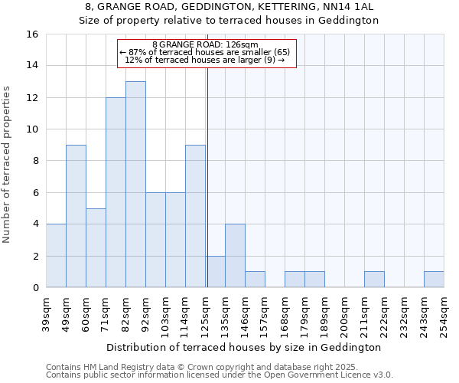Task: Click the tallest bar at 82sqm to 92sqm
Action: (x=135, y=184)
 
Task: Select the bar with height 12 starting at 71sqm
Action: (x=116, y=192)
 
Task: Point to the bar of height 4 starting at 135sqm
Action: (x=235, y=256)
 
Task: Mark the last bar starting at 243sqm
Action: (x=434, y=280)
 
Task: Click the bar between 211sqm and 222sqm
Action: (x=374, y=280)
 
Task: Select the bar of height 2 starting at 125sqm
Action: (x=215, y=272)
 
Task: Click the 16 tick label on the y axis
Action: (x=32, y=34)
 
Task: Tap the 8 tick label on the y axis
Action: (x=35, y=161)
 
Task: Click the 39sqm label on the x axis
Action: (x=46, y=314)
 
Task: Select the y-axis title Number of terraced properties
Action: (x=8, y=164)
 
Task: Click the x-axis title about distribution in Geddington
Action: (x=244, y=347)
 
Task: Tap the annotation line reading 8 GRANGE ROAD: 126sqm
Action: (x=205, y=44)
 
